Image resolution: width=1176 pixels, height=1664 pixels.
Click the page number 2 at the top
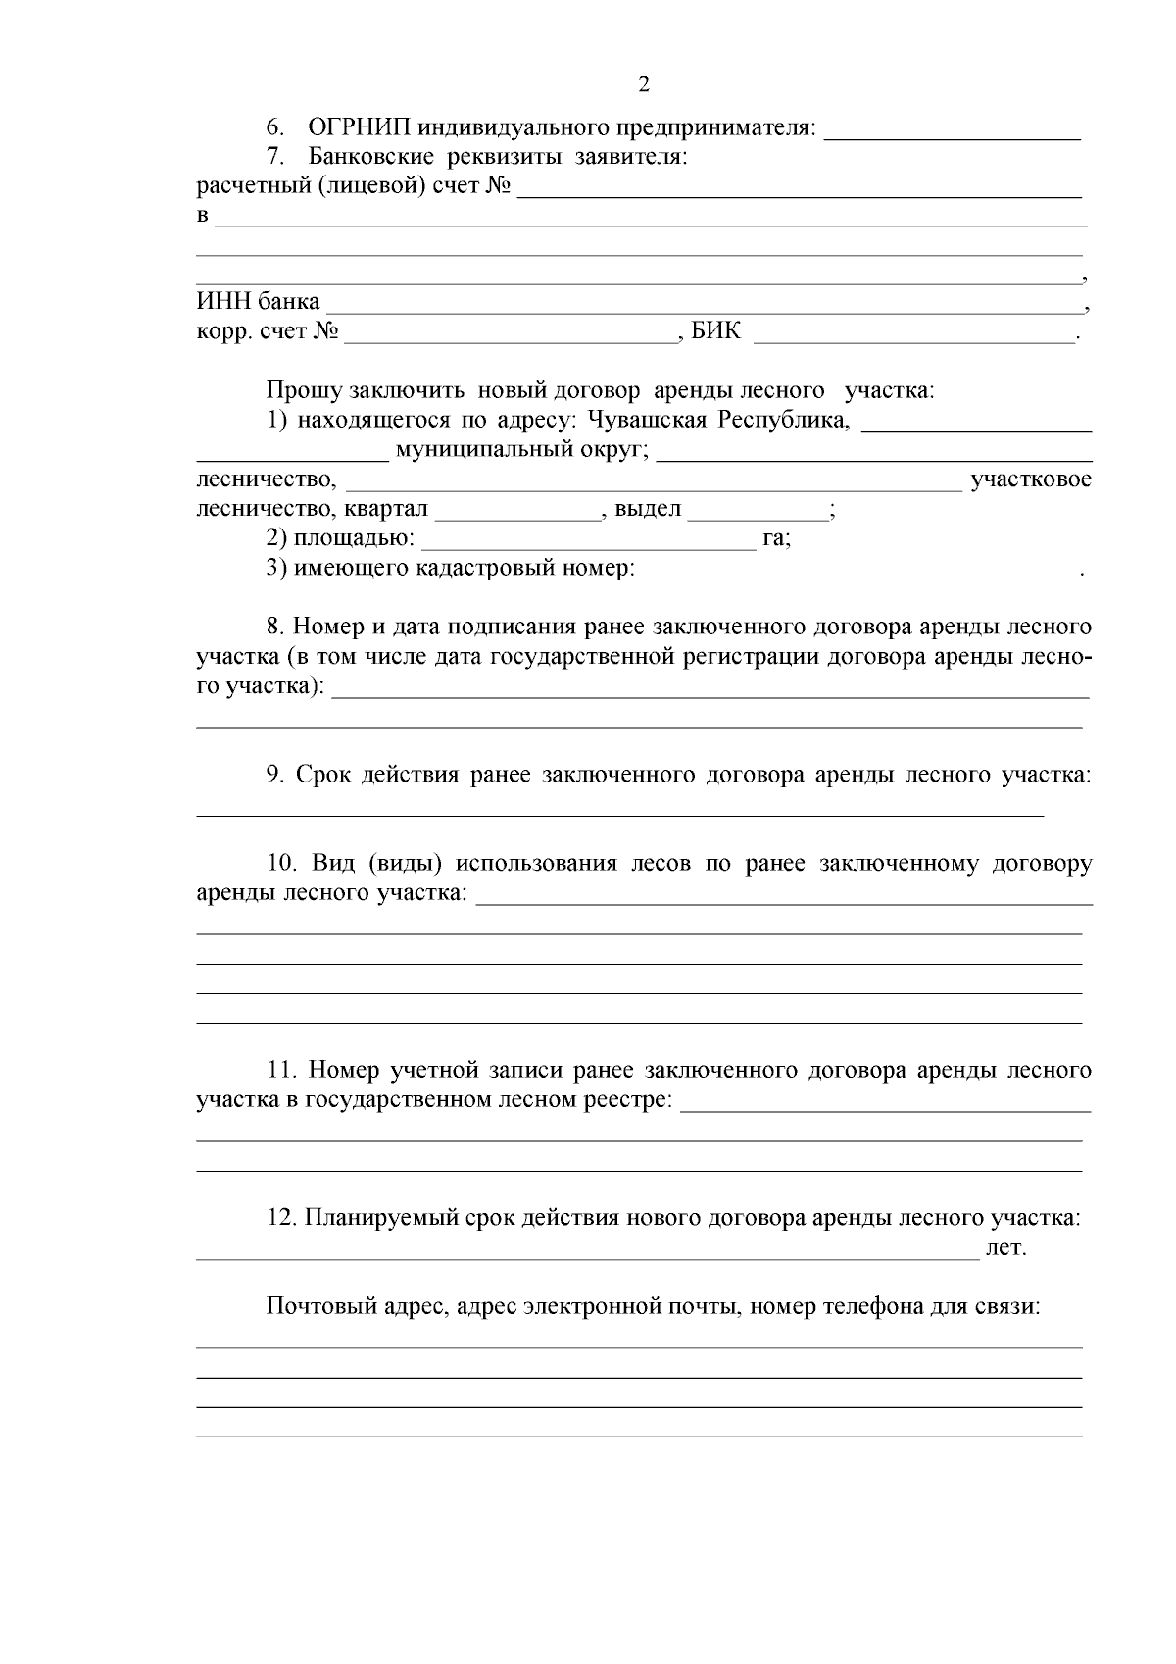coord(644,84)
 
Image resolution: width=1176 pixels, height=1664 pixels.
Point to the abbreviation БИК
coord(716,332)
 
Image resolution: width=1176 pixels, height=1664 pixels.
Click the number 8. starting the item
coord(275,627)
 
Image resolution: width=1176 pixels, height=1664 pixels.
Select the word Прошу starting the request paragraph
coord(304,391)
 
